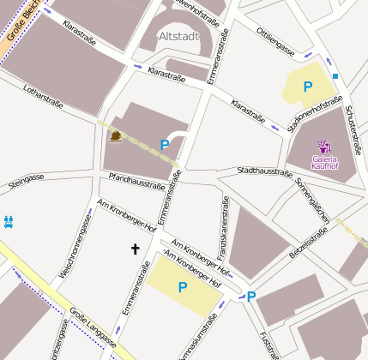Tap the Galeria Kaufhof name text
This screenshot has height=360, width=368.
pos(324,162)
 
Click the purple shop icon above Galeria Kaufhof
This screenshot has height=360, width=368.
pos(323,146)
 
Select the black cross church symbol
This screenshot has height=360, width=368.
pos(134,249)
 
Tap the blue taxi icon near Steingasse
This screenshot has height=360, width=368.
pos(9,222)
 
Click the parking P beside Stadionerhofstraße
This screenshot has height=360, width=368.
pos(307,87)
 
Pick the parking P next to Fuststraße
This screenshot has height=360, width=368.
pos(251,297)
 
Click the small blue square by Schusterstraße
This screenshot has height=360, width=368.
pos(335,76)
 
